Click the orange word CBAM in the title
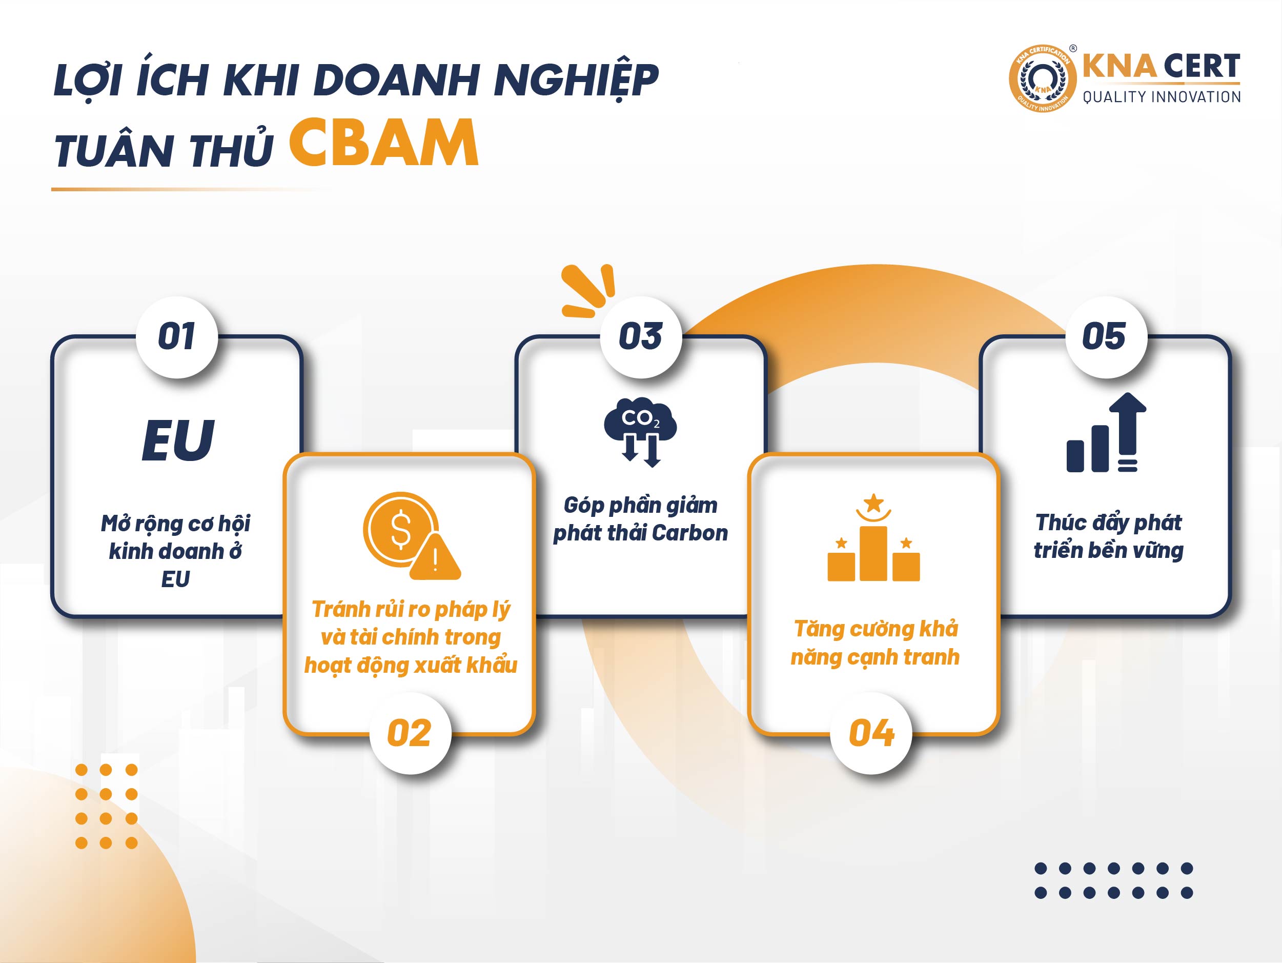383,143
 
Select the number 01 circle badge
177,337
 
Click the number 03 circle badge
641,337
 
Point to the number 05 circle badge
1106,337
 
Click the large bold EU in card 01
178,440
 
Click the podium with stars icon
873,537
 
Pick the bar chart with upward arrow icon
1106,432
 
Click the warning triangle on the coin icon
435,558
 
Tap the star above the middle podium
873,501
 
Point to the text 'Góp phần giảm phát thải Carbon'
640,519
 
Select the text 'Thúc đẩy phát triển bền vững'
1108,537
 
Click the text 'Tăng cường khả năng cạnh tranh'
875,643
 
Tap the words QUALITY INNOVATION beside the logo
1162,97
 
